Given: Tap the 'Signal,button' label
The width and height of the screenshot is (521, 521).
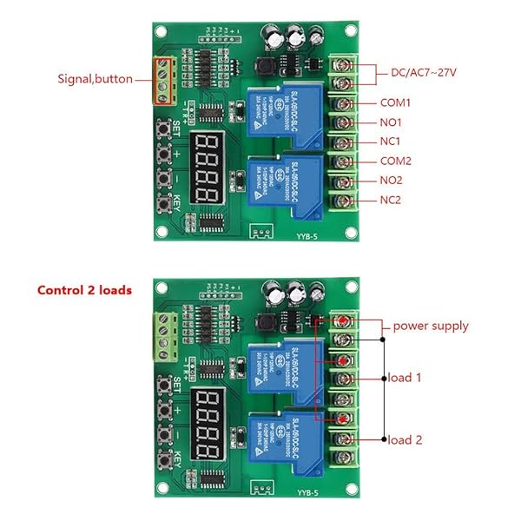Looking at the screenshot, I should (x=96, y=79).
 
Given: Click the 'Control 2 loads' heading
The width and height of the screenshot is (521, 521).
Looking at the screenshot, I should (x=84, y=290).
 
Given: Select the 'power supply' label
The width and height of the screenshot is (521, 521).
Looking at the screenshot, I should (x=431, y=326).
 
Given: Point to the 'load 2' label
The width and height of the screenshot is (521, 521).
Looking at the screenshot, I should (x=405, y=439).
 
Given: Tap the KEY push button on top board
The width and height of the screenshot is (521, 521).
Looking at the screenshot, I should (x=162, y=205).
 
